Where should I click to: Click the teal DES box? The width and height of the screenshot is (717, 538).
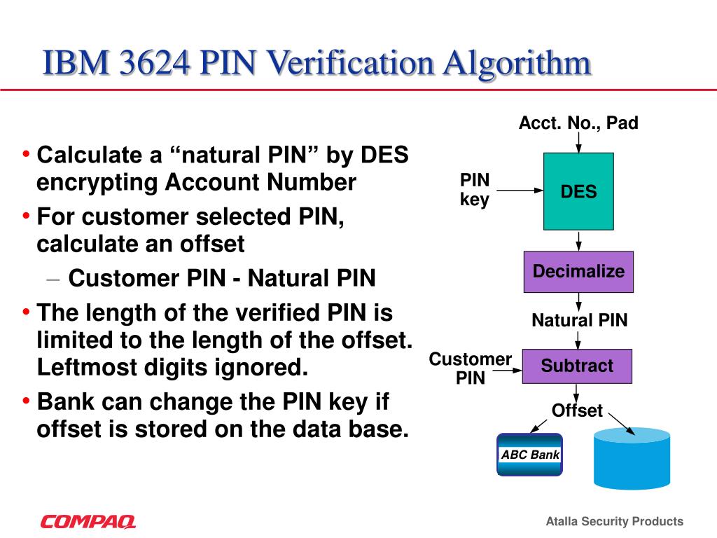point(578,191)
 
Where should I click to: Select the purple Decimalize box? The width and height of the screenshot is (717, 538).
point(578,272)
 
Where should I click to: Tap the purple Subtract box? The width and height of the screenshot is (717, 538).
point(577,366)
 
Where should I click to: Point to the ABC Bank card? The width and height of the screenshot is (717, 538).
point(530,455)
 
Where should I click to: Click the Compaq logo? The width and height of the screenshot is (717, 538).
point(88,521)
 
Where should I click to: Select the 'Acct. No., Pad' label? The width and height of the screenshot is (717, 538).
point(578,124)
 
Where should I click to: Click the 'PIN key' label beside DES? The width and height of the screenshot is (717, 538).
point(475,190)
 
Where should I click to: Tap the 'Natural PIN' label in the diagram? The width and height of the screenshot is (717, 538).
point(579,321)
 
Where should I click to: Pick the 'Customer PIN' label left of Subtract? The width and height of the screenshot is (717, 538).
point(470,368)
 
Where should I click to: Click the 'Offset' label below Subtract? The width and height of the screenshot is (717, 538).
point(577,411)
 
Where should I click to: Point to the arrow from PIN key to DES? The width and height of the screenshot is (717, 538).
point(519,190)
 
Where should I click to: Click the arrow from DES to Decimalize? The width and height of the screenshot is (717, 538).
point(578,241)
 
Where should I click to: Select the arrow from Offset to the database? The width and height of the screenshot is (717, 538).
point(622,423)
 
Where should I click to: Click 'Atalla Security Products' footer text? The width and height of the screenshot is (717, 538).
point(614,521)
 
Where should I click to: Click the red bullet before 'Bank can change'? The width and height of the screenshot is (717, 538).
point(26,401)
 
